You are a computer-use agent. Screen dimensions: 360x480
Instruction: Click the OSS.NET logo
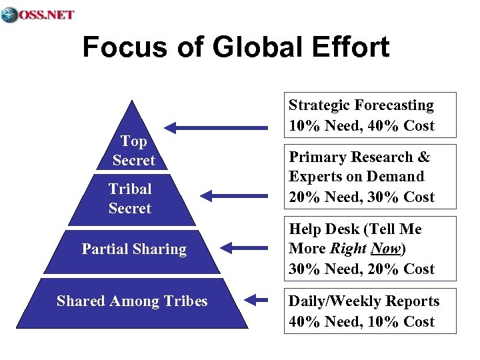coord(38,14)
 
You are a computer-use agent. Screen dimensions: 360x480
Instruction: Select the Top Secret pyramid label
coord(133,151)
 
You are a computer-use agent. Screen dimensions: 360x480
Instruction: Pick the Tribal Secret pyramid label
coord(130,199)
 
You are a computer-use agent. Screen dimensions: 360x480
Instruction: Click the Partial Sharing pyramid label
coord(134,249)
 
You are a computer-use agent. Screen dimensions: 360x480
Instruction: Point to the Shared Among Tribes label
coord(132,301)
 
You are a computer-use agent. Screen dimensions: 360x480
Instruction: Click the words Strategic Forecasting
coord(361,105)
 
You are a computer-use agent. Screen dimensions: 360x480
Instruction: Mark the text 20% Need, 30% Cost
coord(361,197)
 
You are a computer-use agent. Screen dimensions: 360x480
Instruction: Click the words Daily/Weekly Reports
coord(363,301)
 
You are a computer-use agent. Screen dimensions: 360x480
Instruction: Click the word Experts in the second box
coord(314,177)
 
